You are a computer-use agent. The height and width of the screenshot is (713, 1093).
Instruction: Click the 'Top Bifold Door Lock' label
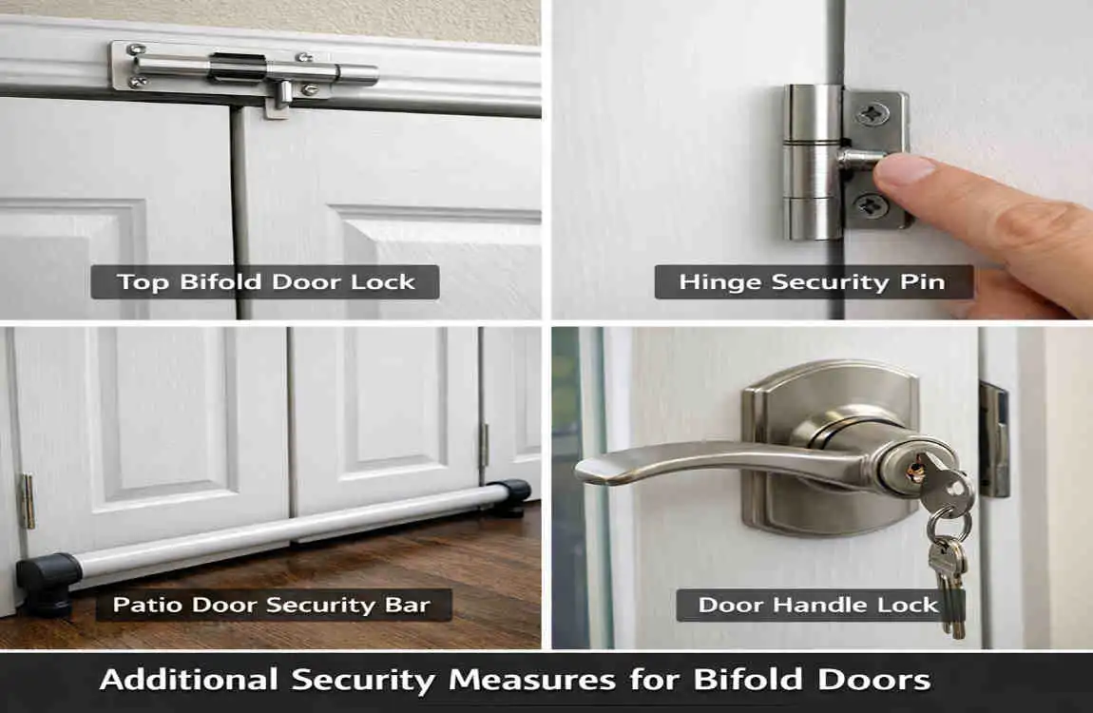[265, 282]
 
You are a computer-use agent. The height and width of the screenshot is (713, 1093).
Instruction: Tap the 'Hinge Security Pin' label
[813, 282]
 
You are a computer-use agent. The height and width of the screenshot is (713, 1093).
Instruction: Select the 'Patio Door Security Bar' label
[272, 605]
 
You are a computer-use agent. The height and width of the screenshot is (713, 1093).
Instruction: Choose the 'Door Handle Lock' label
[818, 606]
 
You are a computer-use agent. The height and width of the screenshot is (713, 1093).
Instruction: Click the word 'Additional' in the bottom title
[186, 681]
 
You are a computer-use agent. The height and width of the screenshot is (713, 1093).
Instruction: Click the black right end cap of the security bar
[512, 495]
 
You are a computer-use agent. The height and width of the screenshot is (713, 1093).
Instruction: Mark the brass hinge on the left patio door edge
[29, 501]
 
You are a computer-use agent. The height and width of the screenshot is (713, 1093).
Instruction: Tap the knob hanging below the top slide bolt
[281, 96]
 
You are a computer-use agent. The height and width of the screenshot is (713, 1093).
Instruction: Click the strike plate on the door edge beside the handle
[994, 439]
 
